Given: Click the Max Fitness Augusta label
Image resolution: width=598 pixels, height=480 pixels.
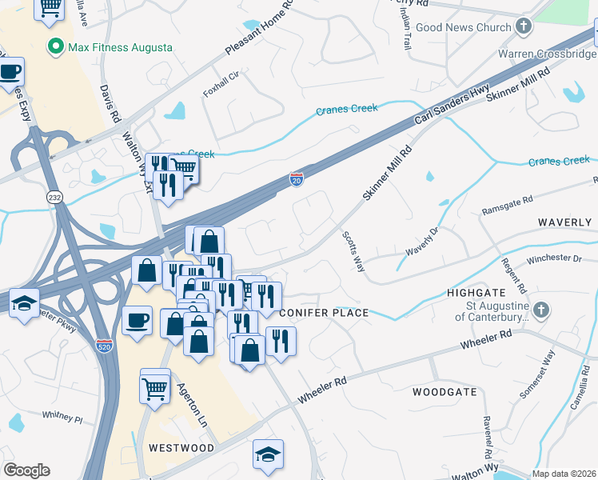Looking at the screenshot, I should [120, 47].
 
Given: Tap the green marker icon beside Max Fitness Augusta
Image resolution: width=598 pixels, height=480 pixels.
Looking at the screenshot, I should [56, 46].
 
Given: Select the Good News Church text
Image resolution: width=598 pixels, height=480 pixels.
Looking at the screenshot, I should [463, 27].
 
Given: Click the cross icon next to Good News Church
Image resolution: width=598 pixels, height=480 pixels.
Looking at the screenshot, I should [524, 27].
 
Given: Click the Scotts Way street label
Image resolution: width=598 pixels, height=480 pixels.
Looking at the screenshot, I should [354, 252].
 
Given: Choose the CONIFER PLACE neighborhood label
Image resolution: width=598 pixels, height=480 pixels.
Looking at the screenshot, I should [324, 312].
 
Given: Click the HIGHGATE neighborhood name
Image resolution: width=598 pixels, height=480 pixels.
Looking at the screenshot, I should [473, 294].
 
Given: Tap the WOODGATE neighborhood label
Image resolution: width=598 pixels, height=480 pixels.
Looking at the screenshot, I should [445, 392].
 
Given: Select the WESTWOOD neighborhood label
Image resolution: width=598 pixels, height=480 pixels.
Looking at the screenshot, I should [181, 448].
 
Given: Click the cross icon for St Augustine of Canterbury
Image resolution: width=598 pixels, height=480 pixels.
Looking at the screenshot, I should [541, 310].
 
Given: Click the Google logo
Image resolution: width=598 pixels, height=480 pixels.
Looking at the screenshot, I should [26, 470].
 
